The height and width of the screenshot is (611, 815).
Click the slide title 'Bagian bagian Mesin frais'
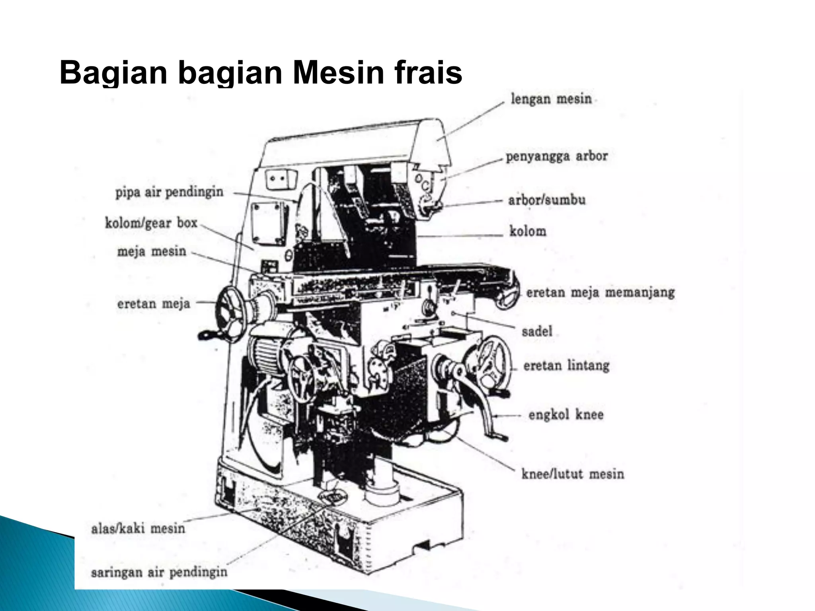coord(261,72)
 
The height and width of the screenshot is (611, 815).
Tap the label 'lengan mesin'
coord(551,99)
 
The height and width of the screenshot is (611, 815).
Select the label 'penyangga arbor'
coord(556,156)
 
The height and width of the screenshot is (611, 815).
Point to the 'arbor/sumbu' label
coord(547,200)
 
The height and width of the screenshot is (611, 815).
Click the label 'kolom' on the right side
coord(528,231)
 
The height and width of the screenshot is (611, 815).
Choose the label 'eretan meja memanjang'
coord(600,293)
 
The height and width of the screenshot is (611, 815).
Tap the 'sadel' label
coord(537,331)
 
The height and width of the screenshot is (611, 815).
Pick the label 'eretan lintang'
coord(566,365)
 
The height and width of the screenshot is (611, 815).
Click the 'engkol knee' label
coord(565,415)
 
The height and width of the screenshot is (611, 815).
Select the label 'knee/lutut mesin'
coord(572,474)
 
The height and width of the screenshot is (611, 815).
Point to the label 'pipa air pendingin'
coord(169,192)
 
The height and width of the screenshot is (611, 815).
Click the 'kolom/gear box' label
coord(151,223)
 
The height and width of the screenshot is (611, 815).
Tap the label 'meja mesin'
coord(152,251)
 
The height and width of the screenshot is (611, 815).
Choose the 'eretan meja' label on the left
coord(153,304)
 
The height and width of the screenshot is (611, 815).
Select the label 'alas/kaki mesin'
coord(138,528)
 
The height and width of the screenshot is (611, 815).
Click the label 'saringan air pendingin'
coord(159,572)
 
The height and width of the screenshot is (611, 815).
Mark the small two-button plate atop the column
coord(280,179)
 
